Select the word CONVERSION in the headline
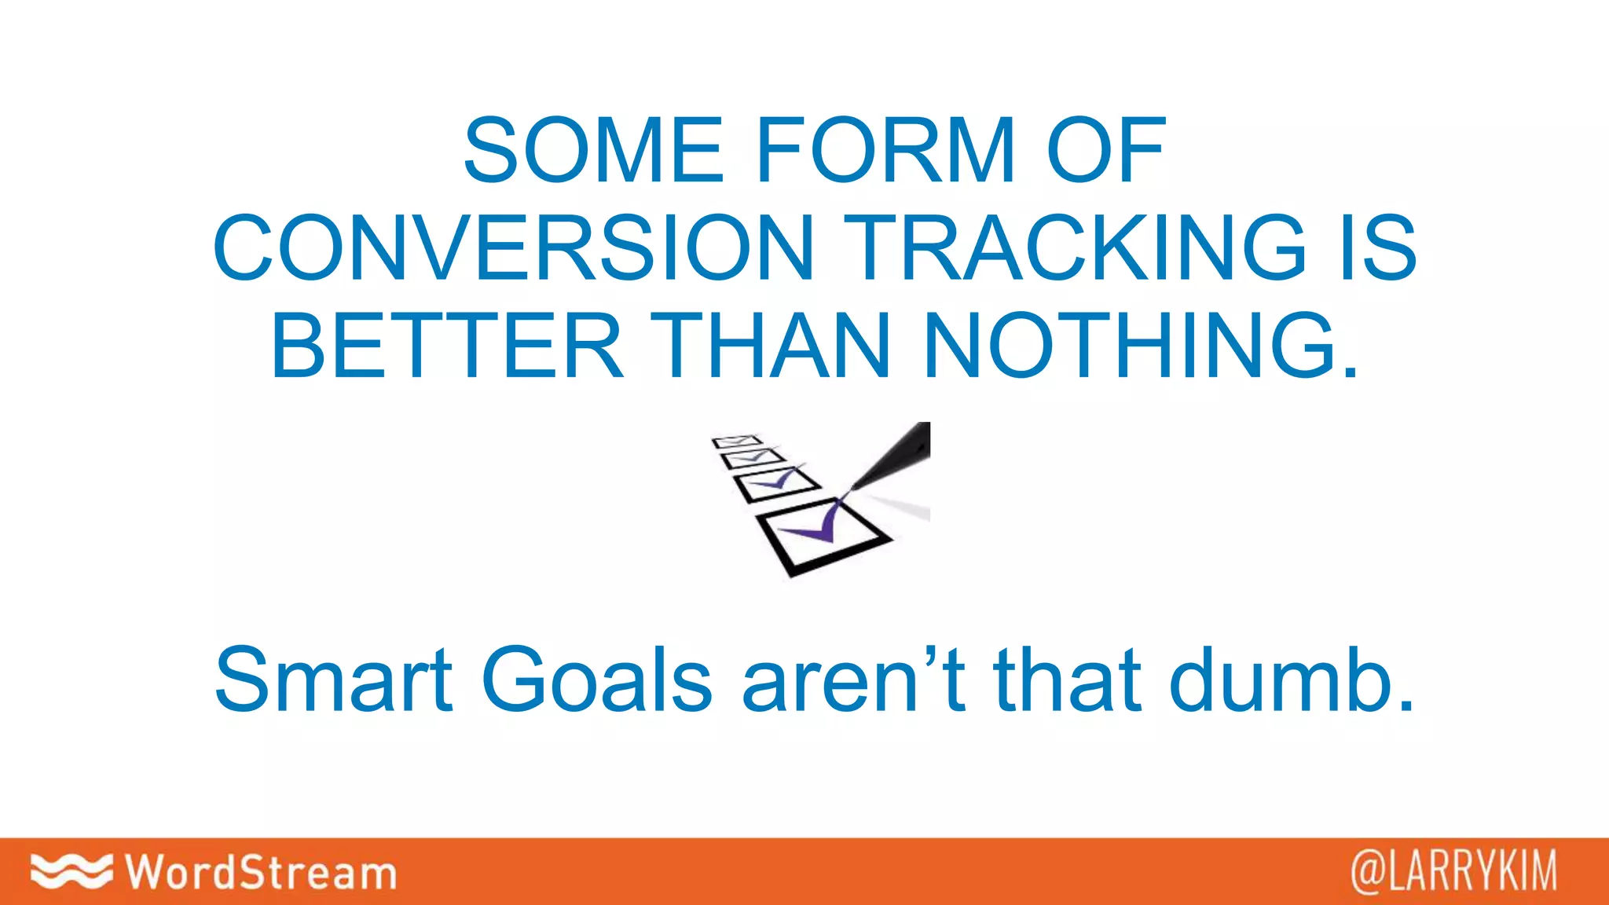[514, 248]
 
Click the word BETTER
[447, 346]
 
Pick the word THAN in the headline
[774, 346]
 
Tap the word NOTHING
[1141, 346]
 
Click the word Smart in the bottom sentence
[333, 680]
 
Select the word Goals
[596, 680]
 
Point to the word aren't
[853, 680]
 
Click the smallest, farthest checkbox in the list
[737, 442]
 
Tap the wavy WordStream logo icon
[71, 870]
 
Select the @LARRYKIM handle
[1453, 871]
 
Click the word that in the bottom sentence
[1068, 680]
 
